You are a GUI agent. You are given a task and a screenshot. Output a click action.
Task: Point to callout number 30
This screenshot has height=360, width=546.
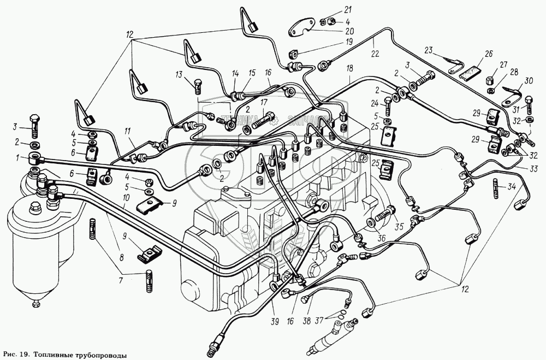[529, 82]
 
